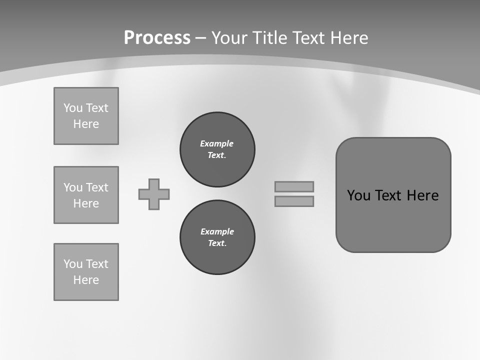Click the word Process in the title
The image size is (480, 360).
coord(157,38)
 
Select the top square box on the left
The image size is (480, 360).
coord(86,116)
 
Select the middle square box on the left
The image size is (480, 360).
coord(86,195)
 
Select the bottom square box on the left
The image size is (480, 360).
coord(86,272)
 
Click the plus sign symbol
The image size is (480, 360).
coord(154,194)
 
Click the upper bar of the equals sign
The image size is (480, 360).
coord(294,186)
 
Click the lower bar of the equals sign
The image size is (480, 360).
coord(294,201)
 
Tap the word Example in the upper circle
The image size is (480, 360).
coord(216,143)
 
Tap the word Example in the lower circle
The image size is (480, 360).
coord(217,231)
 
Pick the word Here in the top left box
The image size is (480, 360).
coord(86,124)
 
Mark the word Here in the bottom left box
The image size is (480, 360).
coord(86,280)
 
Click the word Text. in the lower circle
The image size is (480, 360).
coord(217,243)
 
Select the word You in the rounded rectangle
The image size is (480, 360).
coord(358,195)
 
